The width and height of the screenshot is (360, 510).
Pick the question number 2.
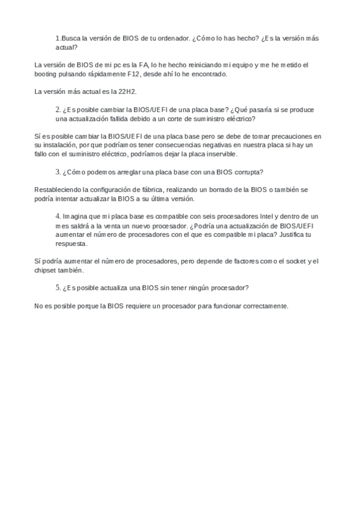(x=58, y=109)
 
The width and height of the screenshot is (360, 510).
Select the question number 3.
(x=58, y=172)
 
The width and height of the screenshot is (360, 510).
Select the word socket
(x=295, y=261)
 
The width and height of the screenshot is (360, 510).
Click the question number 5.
(x=58, y=288)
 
